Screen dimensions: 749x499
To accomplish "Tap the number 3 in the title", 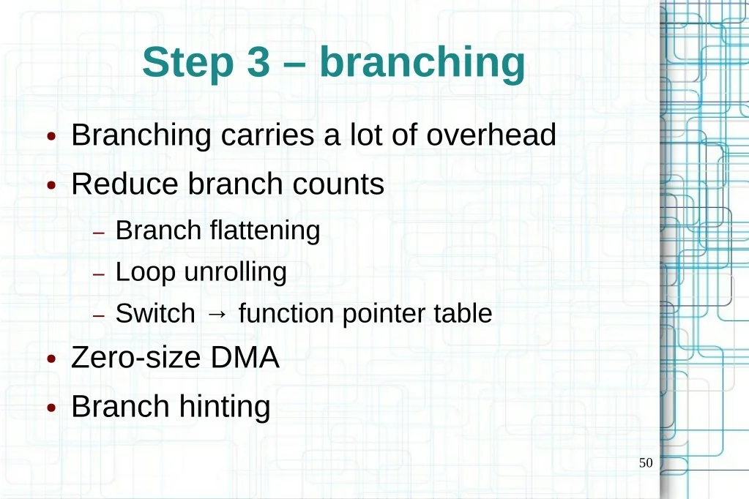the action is [x=258, y=61].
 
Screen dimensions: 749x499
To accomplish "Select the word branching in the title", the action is [x=422, y=64].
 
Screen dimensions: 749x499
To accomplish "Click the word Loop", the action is [x=145, y=273].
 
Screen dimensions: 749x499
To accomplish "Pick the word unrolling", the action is [x=236, y=273].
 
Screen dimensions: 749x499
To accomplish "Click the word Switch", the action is [x=155, y=313].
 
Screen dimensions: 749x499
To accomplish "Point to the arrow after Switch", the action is [x=217, y=314].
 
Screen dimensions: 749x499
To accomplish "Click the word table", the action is [x=463, y=313].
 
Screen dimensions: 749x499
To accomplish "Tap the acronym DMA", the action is [x=245, y=357].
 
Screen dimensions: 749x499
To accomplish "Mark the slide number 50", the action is [x=646, y=462].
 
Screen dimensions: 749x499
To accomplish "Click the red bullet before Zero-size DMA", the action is [x=51, y=359].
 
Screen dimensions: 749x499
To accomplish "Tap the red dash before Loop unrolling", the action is [x=98, y=274].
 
